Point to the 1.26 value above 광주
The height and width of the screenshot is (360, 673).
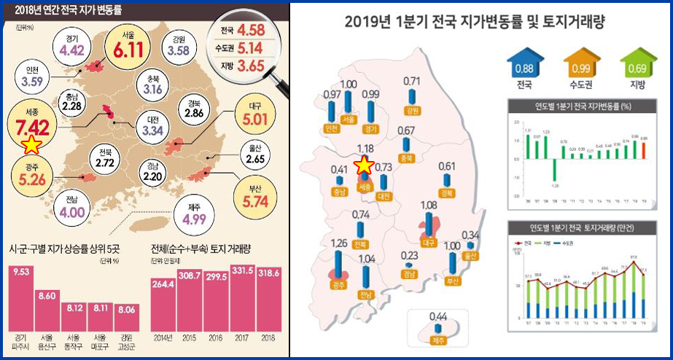tap(339, 243)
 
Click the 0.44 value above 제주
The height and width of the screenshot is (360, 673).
tap(437, 316)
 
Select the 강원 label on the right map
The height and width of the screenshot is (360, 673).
tap(413, 111)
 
